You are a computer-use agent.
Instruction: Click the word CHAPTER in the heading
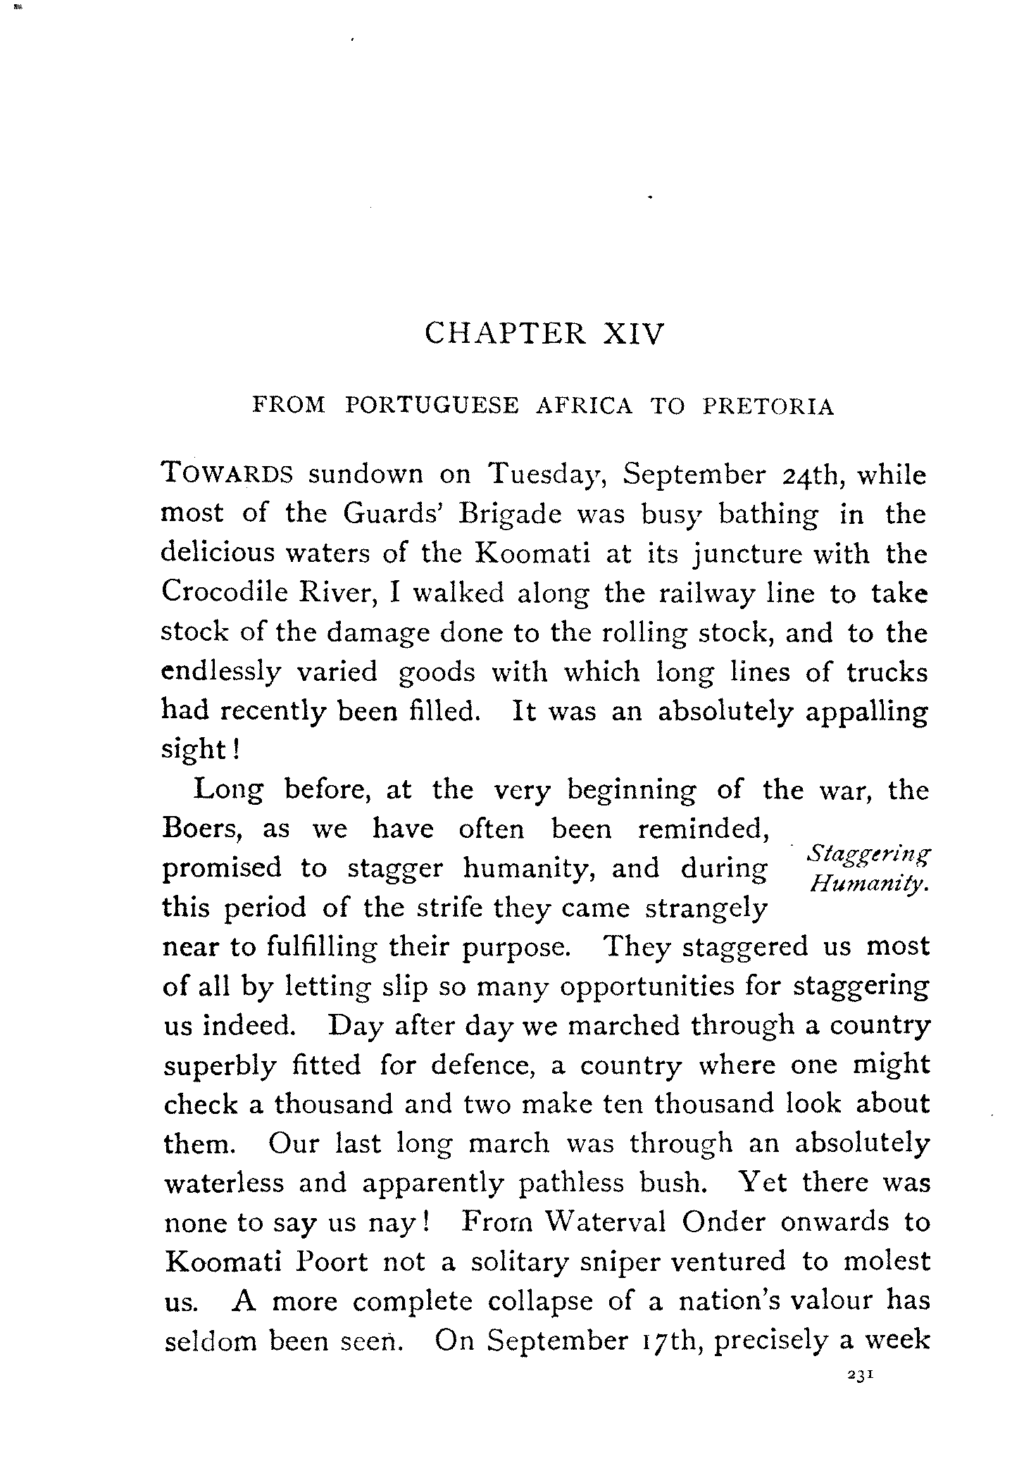pos(505,334)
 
